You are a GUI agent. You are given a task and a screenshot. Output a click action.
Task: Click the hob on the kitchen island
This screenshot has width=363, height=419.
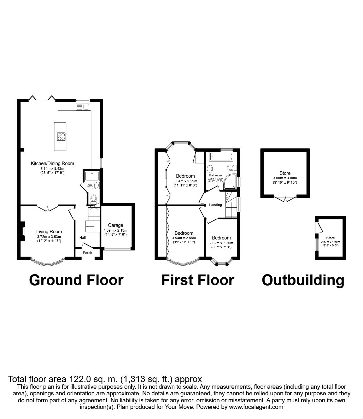(x=61, y=137)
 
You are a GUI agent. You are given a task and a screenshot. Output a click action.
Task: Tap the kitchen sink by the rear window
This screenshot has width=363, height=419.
(x=83, y=107)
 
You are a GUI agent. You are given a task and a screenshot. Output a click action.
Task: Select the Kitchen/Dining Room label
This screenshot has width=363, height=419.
(x=52, y=163)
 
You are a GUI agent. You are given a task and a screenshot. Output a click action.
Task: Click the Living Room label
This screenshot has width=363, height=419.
(x=49, y=232)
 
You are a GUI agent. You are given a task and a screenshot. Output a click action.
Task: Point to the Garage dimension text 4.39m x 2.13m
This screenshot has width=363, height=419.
(x=115, y=230)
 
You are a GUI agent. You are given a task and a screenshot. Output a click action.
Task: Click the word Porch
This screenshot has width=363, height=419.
(x=87, y=253)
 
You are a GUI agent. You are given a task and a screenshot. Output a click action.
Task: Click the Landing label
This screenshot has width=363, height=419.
(x=215, y=205)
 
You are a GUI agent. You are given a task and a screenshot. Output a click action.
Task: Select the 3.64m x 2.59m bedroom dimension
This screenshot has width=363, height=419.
(x=185, y=181)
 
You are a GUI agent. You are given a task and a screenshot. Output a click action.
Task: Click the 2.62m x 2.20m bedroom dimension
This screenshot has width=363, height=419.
(x=221, y=243)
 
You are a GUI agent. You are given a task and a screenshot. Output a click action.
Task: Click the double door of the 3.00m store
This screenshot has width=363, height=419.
(x=285, y=198)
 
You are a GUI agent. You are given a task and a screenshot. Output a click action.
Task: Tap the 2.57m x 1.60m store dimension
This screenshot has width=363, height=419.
(x=330, y=242)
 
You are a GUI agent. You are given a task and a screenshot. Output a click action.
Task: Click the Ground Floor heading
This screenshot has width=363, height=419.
(x=76, y=280)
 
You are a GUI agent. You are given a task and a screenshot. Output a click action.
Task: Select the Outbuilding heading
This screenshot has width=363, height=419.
(x=303, y=280)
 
